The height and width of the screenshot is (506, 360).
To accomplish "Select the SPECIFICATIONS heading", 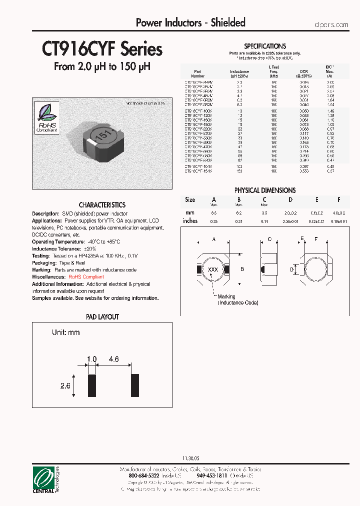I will point(264,46).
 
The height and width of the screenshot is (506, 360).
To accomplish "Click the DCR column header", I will point(304,71).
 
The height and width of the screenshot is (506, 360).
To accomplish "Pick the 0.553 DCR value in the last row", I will point(304,171).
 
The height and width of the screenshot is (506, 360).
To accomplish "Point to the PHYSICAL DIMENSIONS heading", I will point(265,190).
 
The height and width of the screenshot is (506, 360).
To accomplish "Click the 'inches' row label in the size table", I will point(190,220).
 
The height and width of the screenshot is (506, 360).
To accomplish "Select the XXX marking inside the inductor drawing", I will point(213,269).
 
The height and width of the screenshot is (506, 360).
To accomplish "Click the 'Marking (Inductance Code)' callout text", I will point(237,300).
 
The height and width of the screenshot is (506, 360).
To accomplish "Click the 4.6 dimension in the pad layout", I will point(113,359).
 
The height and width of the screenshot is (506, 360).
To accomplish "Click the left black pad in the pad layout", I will point(91,385).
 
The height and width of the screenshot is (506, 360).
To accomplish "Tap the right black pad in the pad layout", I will point(134,385).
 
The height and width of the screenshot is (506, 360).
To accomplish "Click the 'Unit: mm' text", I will point(65,332).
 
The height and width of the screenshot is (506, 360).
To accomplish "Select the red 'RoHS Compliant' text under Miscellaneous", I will point(86,277).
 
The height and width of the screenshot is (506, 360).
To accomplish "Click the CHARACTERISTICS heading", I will point(102,205).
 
